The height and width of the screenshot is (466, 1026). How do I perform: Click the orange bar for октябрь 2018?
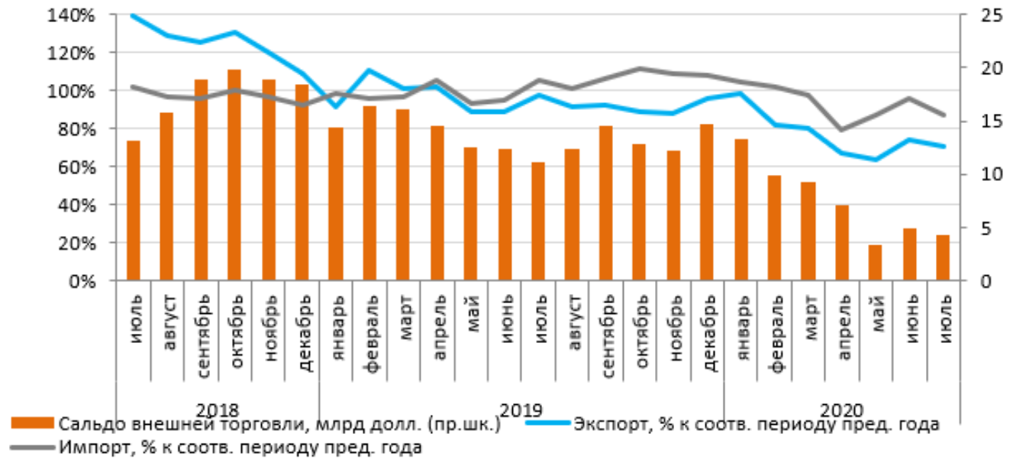coord(234,175)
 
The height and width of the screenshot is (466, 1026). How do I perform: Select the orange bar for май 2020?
coord(875,263)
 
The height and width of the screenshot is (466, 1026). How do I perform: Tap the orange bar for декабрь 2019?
coord(707,202)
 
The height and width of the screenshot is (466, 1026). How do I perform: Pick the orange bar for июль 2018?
coord(134,211)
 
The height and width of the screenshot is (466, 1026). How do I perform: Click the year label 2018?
coord(218,408)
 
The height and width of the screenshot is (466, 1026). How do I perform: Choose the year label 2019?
coord(521,408)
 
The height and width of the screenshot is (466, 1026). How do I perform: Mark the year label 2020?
coord(841,408)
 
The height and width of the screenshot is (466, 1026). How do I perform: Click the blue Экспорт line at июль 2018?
coord(134,15)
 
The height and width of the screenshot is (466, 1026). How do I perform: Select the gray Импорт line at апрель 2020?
coord(841,130)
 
